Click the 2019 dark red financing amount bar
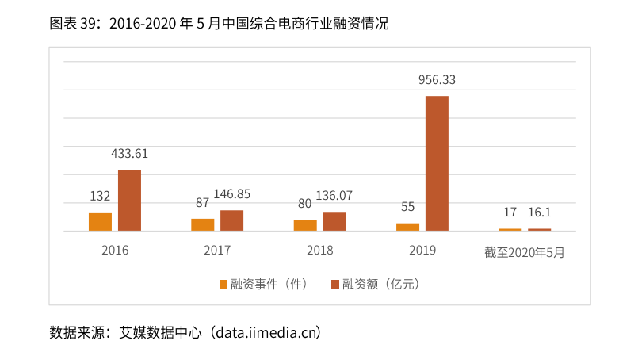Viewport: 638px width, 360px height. pos(437,163)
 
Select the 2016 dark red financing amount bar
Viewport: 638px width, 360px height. pos(129,201)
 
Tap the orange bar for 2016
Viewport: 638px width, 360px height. pos(100,221)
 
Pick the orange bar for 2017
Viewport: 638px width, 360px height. pos(203,224)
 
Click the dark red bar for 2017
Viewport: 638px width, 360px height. pos(231,220)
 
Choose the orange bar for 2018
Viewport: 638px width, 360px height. pos(305,225)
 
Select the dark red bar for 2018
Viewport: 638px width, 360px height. pos(334,221)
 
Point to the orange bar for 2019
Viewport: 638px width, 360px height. pos(407,227)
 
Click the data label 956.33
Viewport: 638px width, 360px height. pos(437,80)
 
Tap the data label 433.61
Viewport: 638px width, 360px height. pos(129,154)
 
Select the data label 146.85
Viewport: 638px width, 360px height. pos(231,194)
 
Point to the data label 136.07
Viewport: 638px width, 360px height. pos(334,196)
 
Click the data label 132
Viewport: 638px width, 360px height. pos(100,197)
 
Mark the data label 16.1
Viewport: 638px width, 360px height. pos(540,213)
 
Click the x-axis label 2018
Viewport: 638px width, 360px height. pos(319,251)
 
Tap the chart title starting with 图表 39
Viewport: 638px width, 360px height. pos(219,24)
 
